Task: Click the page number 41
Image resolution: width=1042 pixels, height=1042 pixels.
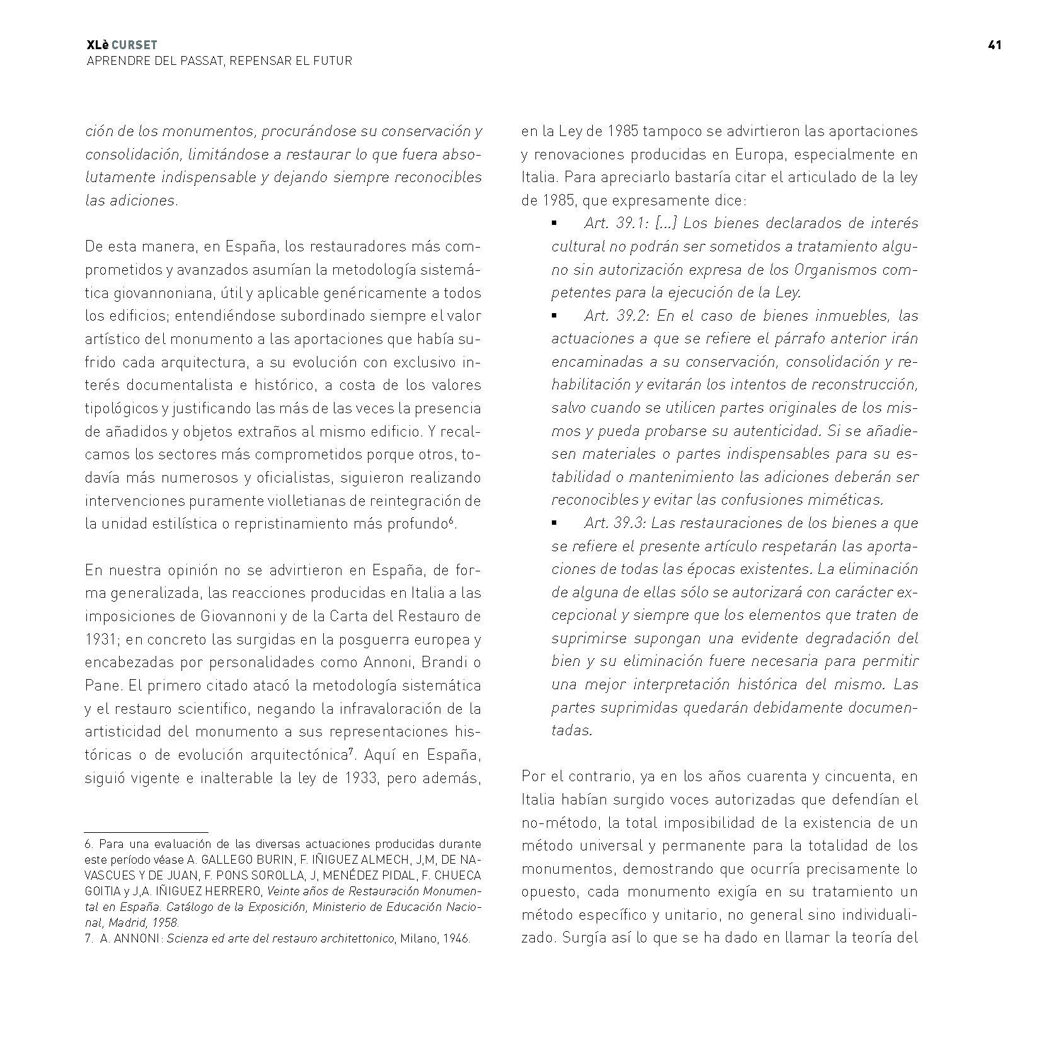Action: [x=995, y=45]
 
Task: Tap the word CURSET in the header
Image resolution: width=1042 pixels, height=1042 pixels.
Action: [x=134, y=45]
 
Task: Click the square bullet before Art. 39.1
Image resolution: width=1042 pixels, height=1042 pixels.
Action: [x=555, y=224]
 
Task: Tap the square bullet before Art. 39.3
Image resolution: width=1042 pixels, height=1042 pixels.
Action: [x=555, y=523]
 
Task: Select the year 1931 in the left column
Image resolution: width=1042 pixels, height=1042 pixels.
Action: [x=100, y=639]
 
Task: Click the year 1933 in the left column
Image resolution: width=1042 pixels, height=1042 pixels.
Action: [x=360, y=778]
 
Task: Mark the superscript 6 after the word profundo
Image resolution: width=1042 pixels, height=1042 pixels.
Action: [x=451, y=520]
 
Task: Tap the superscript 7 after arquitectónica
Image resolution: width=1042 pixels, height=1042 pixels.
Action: [x=351, y=750]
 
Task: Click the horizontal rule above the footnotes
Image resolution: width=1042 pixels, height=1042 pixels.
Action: [x=146, y=832]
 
